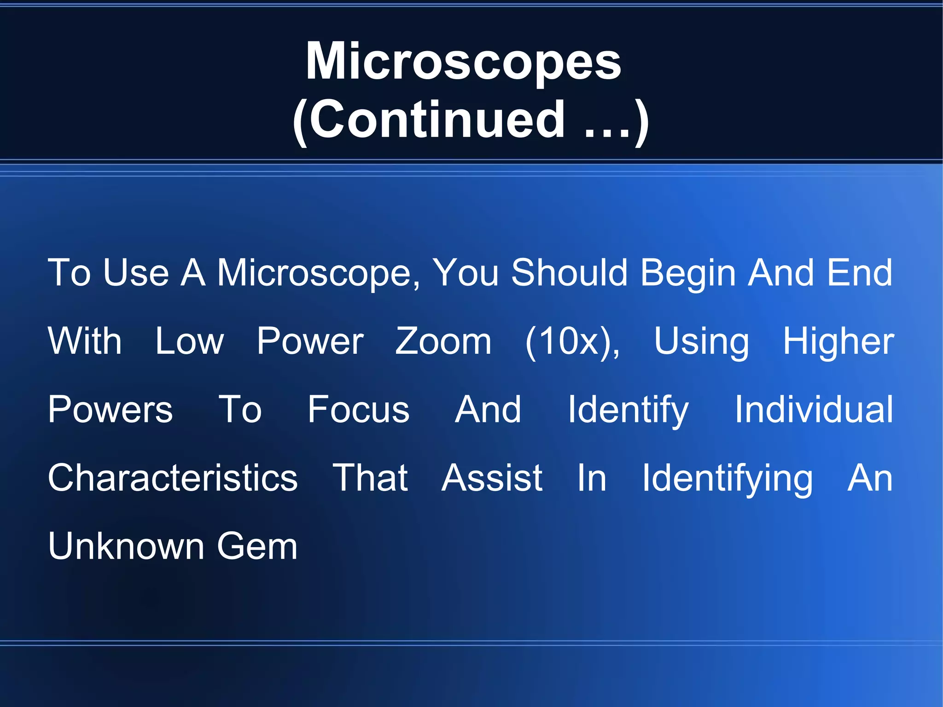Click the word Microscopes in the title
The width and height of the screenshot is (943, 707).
tap(464, 61)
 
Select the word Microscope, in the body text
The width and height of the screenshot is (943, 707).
tap(318, 273)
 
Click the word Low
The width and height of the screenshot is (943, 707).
tap(189, 341)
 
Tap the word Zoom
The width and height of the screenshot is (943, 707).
tap(443, 341)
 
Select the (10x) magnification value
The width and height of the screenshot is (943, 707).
tap(572, 341)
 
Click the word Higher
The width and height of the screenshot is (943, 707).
tap(838, 341)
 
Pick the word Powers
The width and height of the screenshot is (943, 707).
tap(111, 409)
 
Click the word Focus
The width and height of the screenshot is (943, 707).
tap(358, 409)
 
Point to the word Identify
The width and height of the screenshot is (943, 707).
tap(628, 409)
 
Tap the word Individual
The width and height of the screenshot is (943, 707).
tap(814, 409)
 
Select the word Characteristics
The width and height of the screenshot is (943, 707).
tap(173, 478)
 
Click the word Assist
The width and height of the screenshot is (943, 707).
tap(492, 478)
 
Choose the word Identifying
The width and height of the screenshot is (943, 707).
tap(728, 478)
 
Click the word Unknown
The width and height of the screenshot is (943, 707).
tap(126, 546)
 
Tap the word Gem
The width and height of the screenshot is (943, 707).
tap(257, 546)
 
